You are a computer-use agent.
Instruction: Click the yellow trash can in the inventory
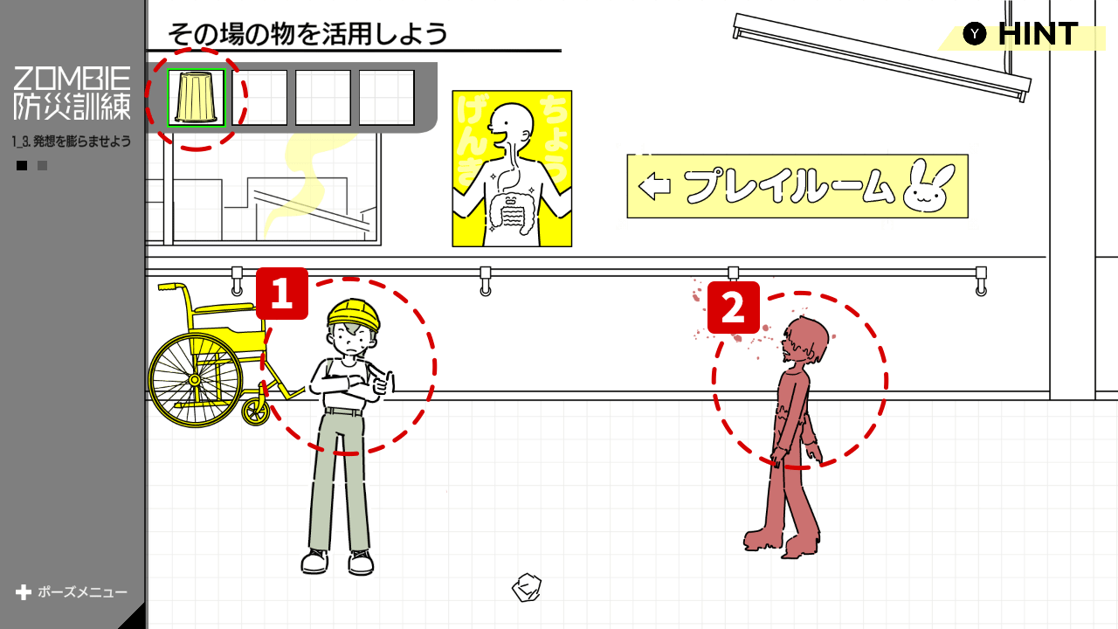197,97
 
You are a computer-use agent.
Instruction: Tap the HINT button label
1039,34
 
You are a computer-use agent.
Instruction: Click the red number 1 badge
282,294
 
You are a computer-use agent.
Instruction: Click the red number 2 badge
734,308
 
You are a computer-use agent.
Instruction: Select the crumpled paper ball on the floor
527,588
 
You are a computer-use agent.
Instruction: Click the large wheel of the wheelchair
195,380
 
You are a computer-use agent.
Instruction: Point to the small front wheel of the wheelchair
256,411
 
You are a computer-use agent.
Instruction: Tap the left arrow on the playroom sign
654,187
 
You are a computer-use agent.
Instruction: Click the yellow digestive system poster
512,169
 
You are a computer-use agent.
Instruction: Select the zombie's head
804,341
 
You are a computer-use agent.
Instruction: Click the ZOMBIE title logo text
72,79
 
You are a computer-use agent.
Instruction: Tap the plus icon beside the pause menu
23,592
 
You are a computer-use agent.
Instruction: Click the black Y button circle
975,34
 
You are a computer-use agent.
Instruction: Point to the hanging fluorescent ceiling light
882,58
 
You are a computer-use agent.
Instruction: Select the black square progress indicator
22,165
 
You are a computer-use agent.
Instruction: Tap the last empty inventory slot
387,97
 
